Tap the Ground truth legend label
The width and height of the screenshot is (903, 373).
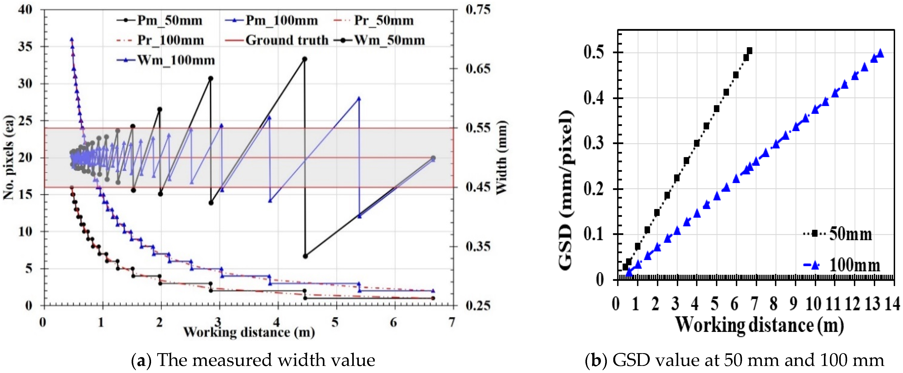coord(276,40)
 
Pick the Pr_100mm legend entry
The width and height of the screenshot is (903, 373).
coord(160,40)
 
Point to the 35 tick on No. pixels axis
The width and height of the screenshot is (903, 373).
coord(25,47)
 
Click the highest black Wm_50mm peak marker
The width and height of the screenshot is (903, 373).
coord(305,59)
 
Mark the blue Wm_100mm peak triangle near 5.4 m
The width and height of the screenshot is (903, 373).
coord(359,98)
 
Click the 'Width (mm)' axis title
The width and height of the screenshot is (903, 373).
coord(502,158)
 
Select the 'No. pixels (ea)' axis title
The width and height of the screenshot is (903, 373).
coord(9,158)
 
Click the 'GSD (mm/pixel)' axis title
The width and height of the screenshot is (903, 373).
coord(565,191)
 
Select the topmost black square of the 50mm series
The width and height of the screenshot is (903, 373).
coord(750,51)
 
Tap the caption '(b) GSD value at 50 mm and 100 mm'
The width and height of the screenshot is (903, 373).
coord(734,360)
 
